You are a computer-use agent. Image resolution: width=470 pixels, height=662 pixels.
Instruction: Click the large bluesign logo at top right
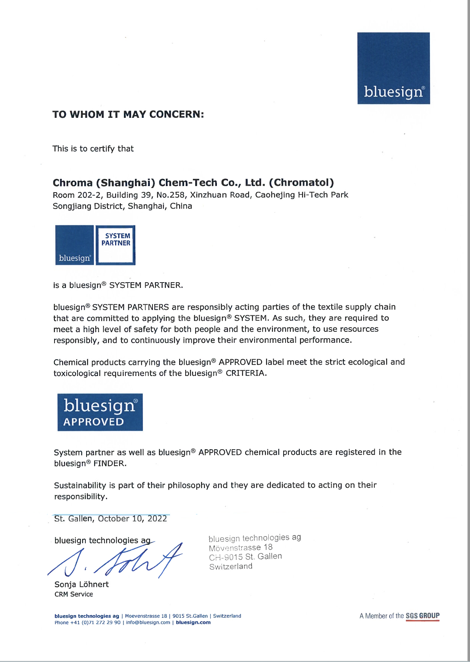pos(393,68)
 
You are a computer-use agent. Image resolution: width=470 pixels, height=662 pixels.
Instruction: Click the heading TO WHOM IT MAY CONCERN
pos(128,114)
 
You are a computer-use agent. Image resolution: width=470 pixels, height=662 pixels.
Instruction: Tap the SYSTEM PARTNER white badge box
pos(115,245)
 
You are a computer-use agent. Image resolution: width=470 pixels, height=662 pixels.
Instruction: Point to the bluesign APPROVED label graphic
pos(100,412)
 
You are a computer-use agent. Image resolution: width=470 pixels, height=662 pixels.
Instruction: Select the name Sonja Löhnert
pos(82,584)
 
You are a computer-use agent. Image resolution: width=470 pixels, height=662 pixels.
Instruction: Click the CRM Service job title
pos(74,594)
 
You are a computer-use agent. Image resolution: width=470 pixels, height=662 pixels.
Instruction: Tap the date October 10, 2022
pos(132,519)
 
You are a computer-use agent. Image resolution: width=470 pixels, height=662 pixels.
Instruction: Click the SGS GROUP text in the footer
pos(422,616)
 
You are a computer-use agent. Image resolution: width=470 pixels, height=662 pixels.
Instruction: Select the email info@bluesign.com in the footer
pos(148,622)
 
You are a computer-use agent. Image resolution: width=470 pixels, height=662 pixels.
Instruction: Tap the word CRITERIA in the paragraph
pos(246,373)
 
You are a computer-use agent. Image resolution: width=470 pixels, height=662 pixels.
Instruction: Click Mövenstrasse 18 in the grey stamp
pos(241,548)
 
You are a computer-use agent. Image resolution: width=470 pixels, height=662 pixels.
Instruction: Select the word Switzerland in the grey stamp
pos(231,566)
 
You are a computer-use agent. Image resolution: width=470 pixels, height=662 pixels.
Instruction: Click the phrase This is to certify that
pos(93,149)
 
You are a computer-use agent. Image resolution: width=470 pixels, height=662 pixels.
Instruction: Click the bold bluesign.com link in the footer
pos(193,622)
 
